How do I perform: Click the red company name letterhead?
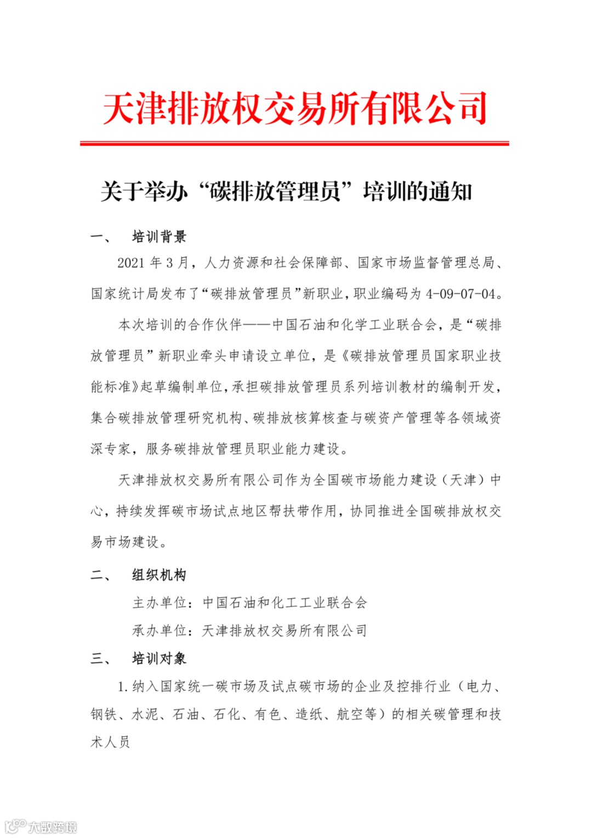click(x=295, y=108)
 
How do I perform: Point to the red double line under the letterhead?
click(x=295, y=144)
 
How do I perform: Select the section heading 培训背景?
click(x=160, y=237)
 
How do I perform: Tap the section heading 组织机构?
click(x=160, y=575)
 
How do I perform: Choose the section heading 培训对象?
click(x=160, y=658)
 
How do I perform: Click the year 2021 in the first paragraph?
click(x=130, y=263)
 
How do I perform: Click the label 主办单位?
click(x=160, y=603)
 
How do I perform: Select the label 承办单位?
click(x=160, y=631)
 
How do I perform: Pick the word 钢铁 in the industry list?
click(x=104, y=714)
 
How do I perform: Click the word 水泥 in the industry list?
click(x=145, y=714)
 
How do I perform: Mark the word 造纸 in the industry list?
click(x=309, y=714)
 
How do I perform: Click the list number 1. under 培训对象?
click(x=123, y=687)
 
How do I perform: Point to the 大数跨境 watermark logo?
click(x=42, y=826)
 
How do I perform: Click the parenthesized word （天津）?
click(x=463, y=480)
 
